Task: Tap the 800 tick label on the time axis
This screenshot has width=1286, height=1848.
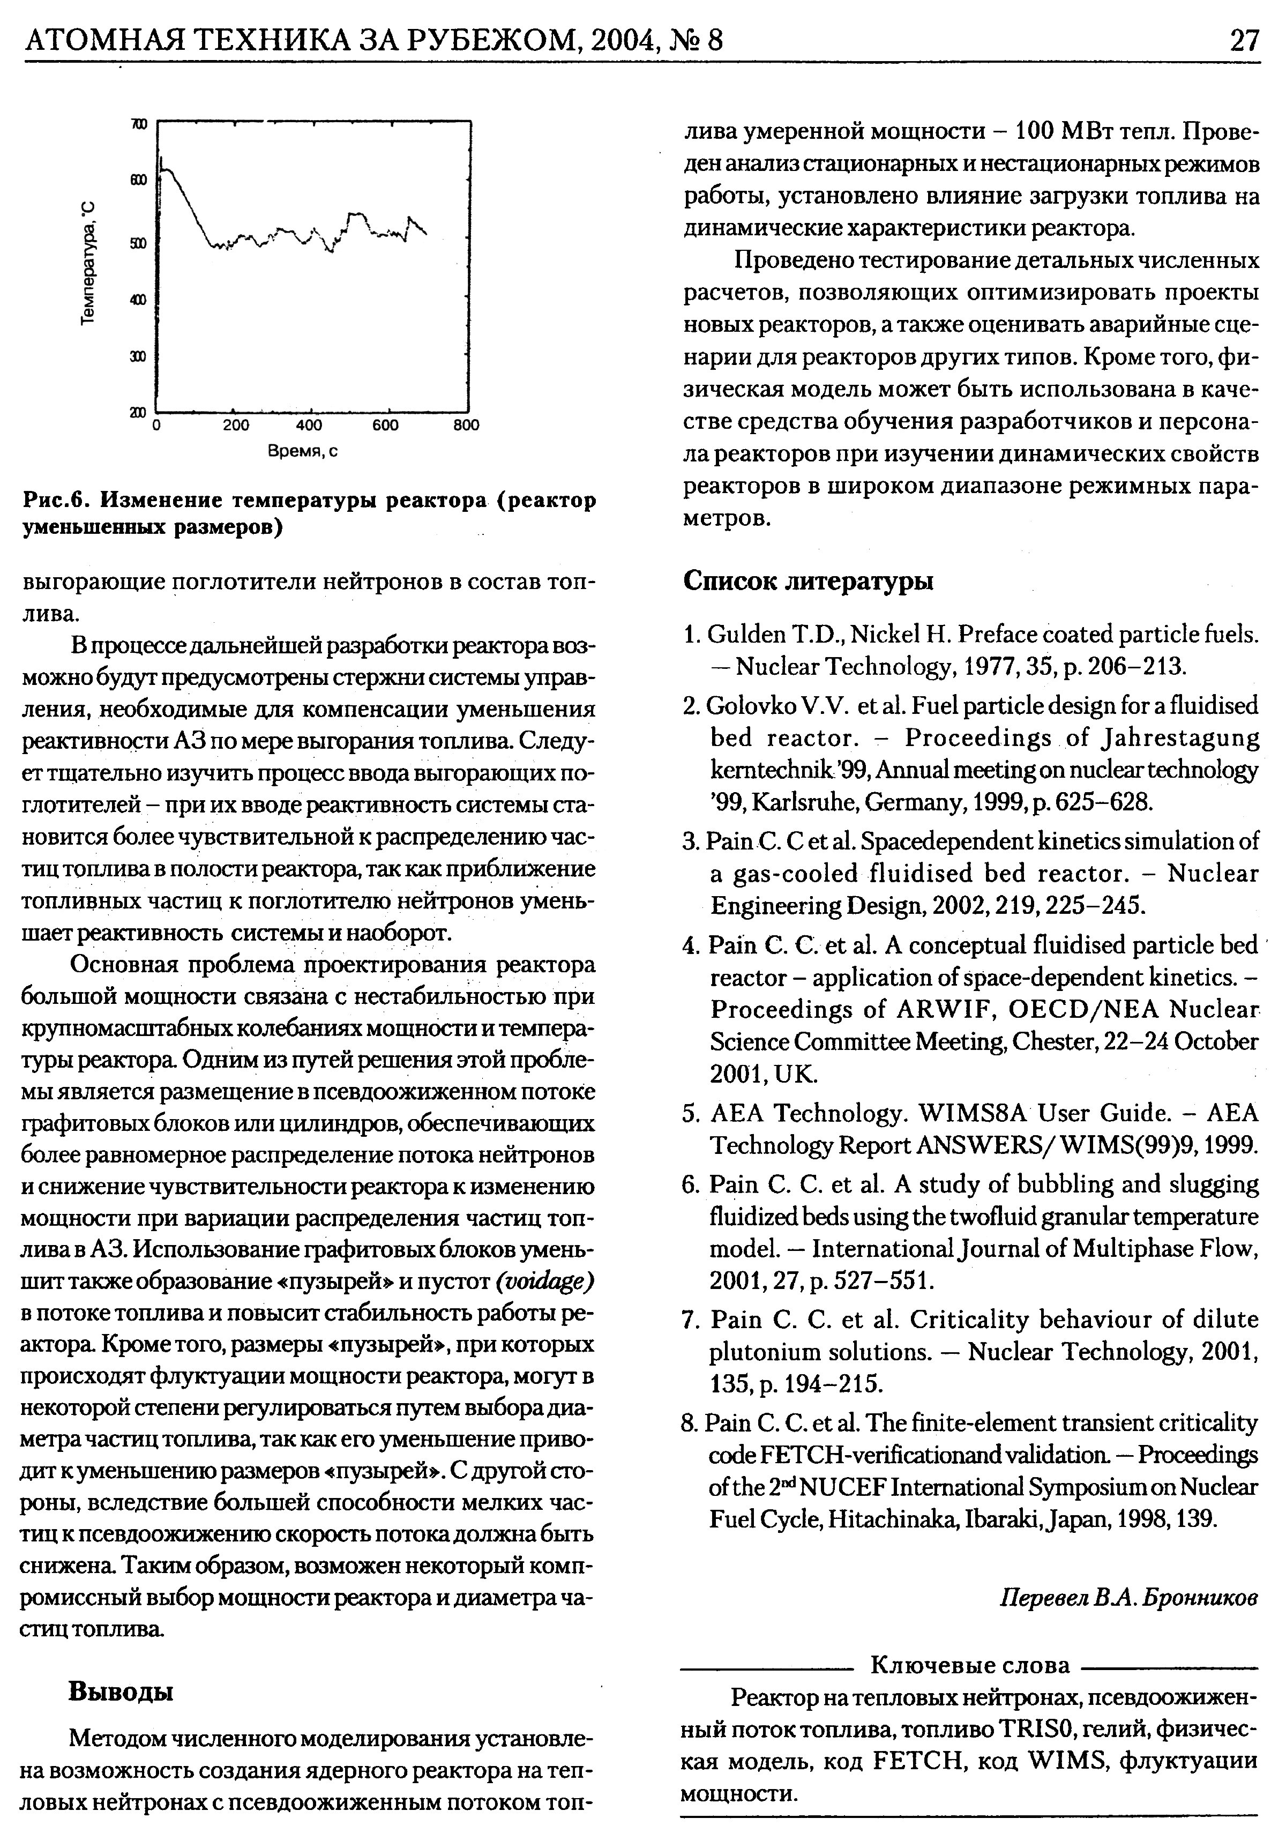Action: pyautogui.click(x=465, y=425)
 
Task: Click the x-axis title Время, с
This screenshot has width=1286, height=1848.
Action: pyautogui.click(x=303, y=452)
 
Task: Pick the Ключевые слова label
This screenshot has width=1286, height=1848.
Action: pyautogui.click(x=970, y=1665)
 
